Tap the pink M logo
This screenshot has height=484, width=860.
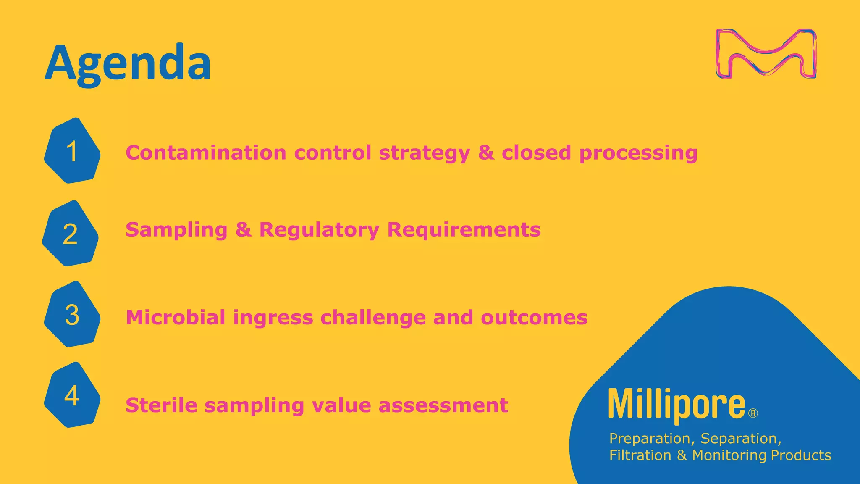coord(766,54)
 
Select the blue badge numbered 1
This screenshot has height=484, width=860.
coord(72,151)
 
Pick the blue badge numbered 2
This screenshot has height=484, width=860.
coord(70,234)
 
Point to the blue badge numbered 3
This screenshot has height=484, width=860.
coord(72,314)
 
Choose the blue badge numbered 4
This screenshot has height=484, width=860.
coord(72,395)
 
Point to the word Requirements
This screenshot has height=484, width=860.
coord(464,230)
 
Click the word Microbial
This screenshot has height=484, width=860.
coord(176,317)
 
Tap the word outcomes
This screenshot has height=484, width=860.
coord(534,318)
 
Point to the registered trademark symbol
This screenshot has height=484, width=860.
coord(753,414)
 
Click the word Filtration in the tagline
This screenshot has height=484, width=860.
coord(640,455)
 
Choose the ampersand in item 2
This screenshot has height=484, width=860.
coord(243,230)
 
